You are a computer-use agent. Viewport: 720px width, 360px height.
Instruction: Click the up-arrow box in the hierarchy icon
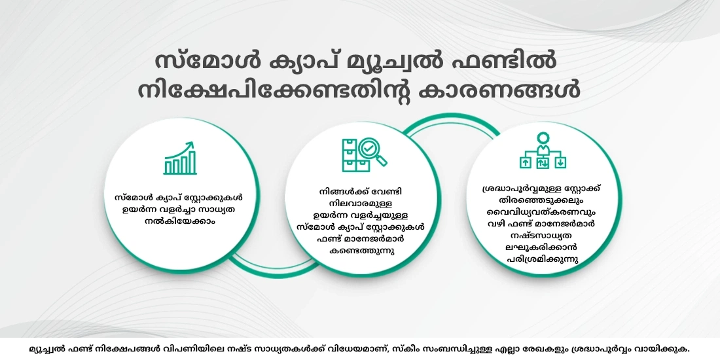click(x=525, y=162)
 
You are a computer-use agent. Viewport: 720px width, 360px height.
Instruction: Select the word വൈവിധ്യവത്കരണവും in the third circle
click(x=542, y=211)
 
